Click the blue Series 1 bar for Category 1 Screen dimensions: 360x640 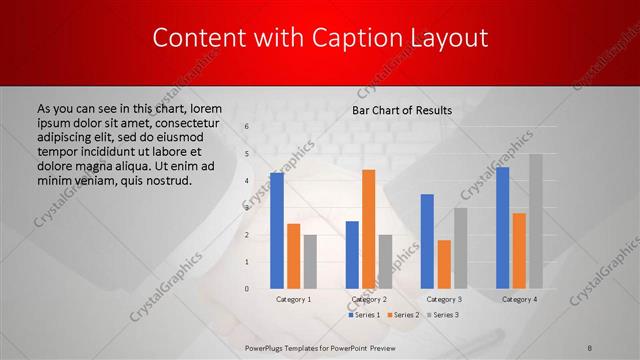click(277, 231)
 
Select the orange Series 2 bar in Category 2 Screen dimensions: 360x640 click(368, 229)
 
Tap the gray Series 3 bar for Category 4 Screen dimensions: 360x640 click(535, 221)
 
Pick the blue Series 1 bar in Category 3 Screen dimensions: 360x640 click(427, 241)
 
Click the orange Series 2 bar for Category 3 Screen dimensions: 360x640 click(443, 264)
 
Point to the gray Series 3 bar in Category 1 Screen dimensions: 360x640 click(309, 261)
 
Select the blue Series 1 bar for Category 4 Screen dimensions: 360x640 click(503, 228)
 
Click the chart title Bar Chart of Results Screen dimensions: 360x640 click(402, 110)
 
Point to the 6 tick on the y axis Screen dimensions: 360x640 click(246, 127)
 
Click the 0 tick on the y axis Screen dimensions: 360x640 click(246, 289)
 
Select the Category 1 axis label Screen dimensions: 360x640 click(293, 299)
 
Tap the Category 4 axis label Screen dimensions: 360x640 click(519, 299)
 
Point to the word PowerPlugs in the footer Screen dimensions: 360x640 click(267, 348)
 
